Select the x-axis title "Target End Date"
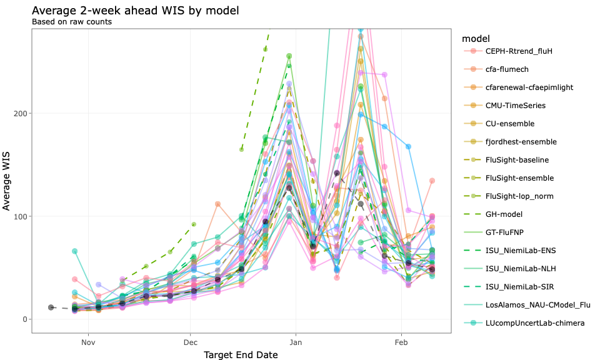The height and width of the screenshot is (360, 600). tap(241, 354)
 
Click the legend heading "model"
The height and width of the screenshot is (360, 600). tap(472, 38)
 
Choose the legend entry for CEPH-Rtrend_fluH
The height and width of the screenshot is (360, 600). tap(519, 51)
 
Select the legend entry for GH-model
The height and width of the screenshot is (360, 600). tap(506, 214)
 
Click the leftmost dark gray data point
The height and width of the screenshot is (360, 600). tap(51, 307)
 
